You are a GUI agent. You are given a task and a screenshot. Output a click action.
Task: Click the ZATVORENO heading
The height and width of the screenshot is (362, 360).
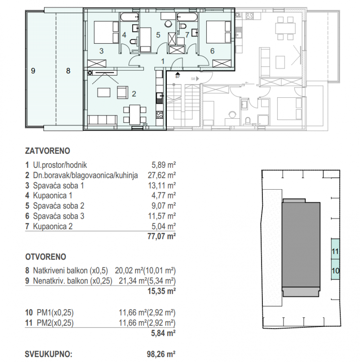[x=47, y=151]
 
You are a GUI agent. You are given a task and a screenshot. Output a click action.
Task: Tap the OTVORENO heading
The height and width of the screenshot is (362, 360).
[x=46, y=257]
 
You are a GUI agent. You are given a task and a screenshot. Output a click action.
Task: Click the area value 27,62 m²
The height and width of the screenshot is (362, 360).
[x=162, y=175]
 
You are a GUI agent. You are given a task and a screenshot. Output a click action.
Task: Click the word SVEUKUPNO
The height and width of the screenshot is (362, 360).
[x=48, y=354]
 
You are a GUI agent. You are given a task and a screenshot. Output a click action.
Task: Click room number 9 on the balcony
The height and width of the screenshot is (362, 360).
[x=33, y=70]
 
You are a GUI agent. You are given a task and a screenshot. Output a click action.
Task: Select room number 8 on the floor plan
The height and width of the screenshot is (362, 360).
[x=68, y=70]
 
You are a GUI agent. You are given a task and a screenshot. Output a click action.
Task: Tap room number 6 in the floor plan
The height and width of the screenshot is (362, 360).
[x=212, y=51]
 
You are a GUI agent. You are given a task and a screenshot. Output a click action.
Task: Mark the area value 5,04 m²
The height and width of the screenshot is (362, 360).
[x=162, y=226]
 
